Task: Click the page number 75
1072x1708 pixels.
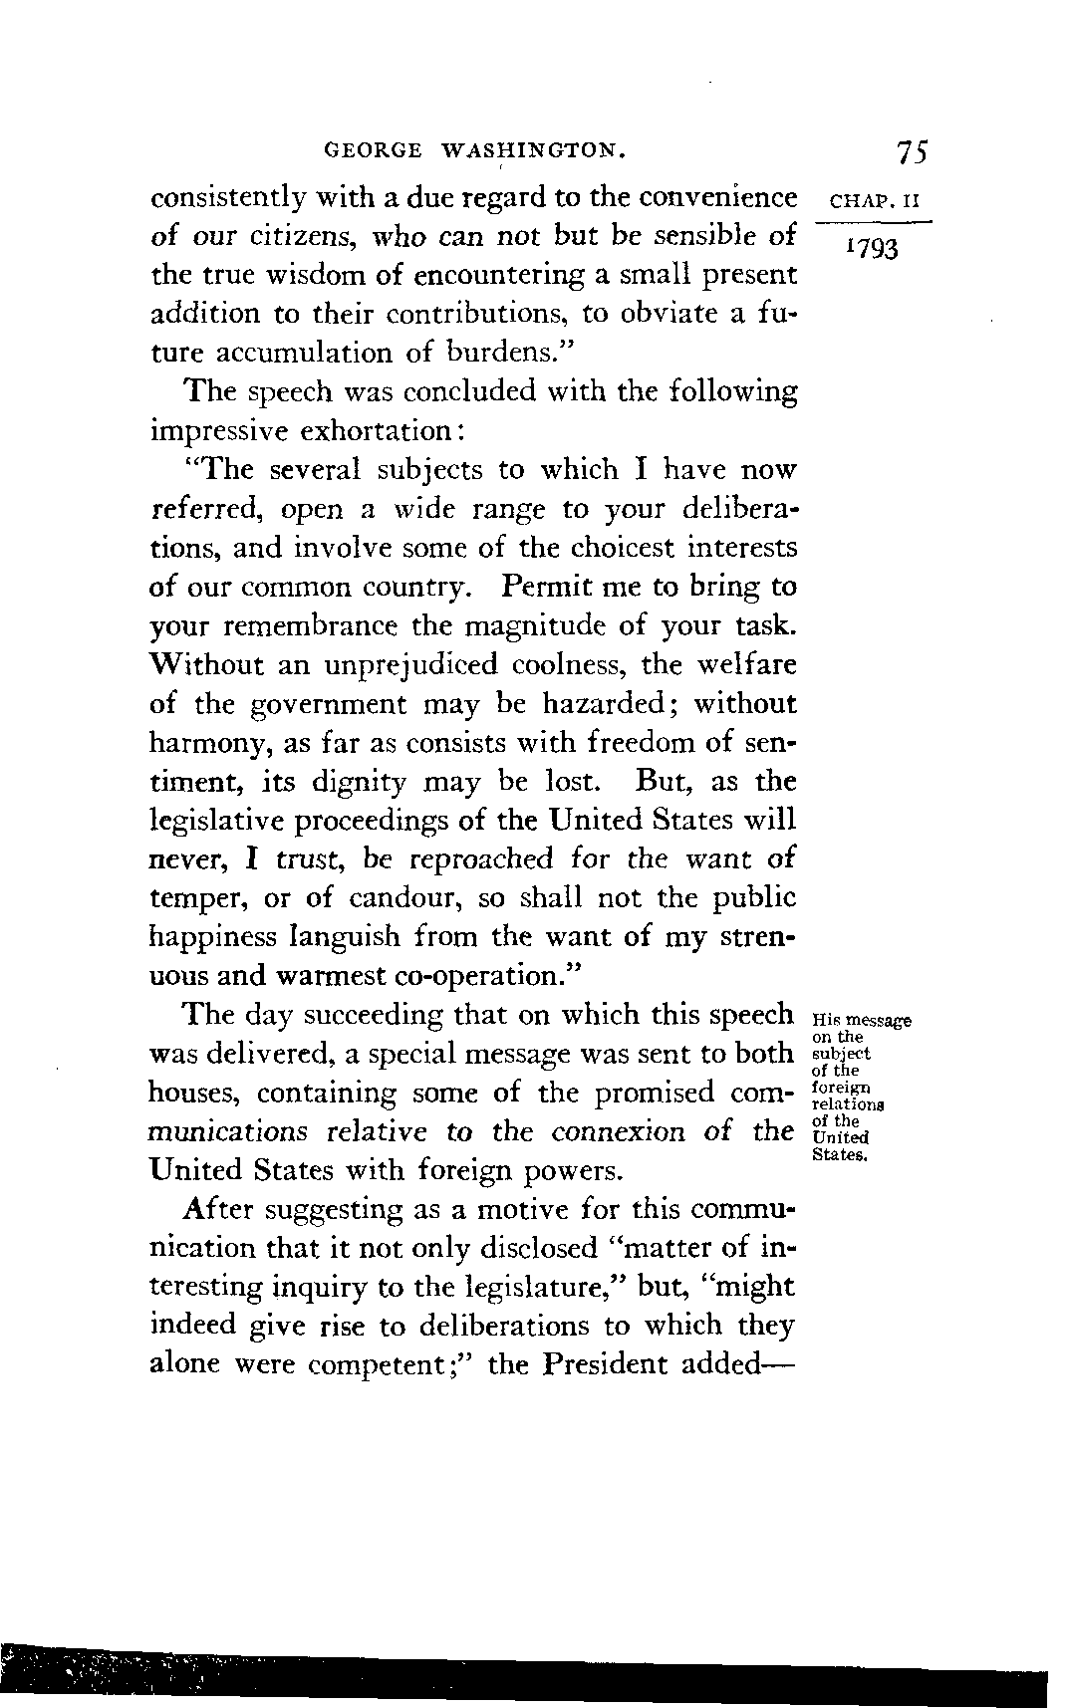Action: tap(912, 152)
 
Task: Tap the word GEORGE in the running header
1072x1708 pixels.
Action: tap(372, 152)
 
